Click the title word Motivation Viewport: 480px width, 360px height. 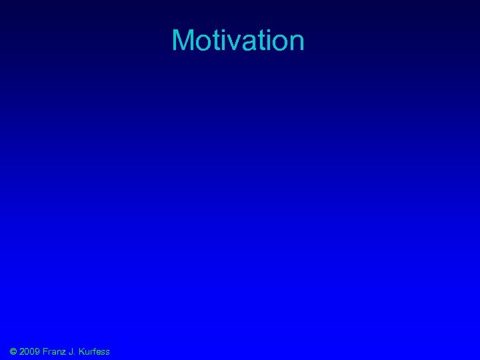click(x=238, y=41)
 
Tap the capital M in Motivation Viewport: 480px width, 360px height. click(x=183, y=41)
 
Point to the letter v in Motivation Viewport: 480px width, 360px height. click(x=229, y=43)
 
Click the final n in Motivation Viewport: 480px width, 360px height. click(x=296, y=43)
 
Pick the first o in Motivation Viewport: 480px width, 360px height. click(x=203, y=43)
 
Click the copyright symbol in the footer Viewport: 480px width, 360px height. click(x=13, y=351)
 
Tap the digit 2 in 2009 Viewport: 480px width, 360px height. click(x=23, y=351)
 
